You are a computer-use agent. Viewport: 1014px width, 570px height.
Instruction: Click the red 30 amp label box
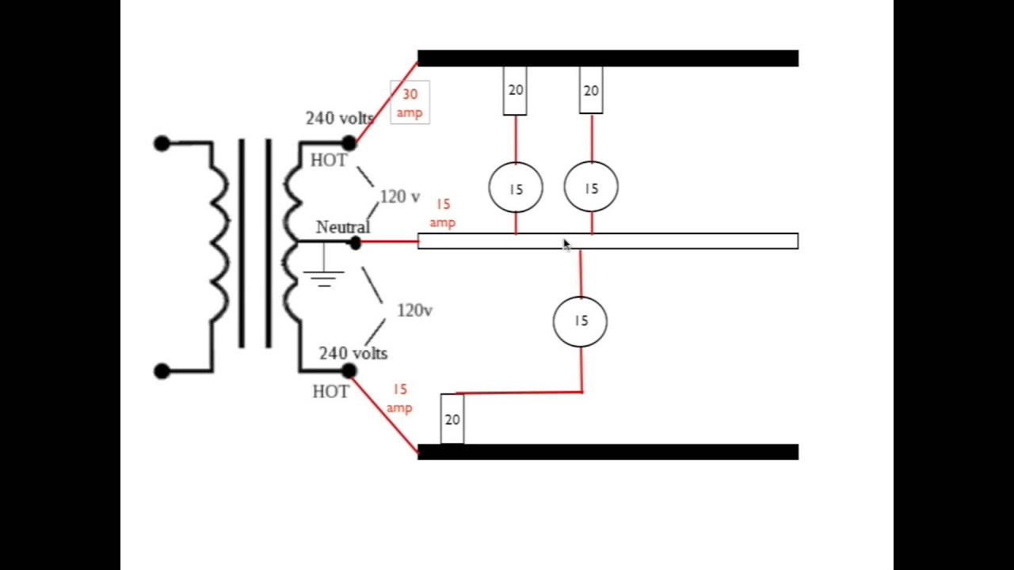coord(410,103)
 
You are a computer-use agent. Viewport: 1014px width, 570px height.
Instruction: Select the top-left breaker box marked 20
coord(515,90)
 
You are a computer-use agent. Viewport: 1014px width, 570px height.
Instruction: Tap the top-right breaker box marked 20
coord(591,90)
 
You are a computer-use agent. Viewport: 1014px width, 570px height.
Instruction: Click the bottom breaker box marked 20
coord(452,419)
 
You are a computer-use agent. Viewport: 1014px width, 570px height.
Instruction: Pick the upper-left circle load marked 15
coord(516,188)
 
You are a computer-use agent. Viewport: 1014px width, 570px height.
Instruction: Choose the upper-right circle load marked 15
coord(591,188)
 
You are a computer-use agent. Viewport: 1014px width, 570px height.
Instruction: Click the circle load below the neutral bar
coord(580,321)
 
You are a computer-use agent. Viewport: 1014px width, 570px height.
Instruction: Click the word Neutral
coord(342,227)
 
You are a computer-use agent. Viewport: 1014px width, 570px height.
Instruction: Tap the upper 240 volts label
coord(339,118)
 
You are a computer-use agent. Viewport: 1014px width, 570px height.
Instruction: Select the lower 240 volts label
coord(353,353)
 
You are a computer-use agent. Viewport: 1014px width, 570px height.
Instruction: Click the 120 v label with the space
coord(399,197)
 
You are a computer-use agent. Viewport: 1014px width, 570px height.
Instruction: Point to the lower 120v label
coord(414,310)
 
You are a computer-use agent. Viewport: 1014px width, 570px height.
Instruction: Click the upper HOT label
coord(328,161)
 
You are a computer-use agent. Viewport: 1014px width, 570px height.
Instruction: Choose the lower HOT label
coord(330,391)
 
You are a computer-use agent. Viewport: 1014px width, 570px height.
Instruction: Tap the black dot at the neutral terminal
coord(355,243)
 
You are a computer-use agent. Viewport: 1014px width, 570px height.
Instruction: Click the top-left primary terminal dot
coord(162,143)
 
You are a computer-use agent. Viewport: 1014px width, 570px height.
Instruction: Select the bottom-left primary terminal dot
coord(162,370)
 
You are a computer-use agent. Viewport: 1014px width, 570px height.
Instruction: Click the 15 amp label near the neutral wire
coord(442,214)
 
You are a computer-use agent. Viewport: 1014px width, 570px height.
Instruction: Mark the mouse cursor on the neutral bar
coord(566,245)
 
